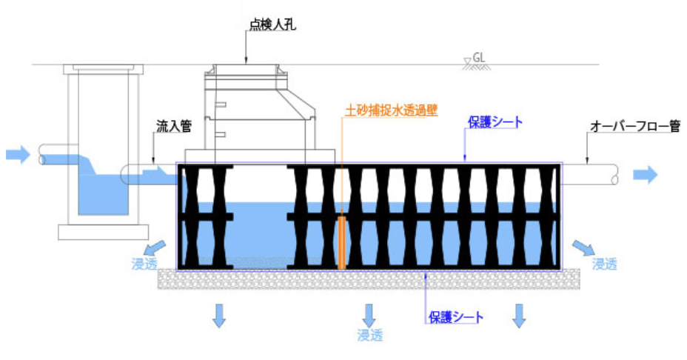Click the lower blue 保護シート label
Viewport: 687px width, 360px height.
pyautogui.click(x=456, y=317)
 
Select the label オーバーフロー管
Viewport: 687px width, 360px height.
pyautogui.click(x=634, y=127)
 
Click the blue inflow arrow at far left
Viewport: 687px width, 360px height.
pyautogui.click(x=17, y=155)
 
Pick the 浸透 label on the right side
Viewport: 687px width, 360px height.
pyautogui.click(x=604, y=264)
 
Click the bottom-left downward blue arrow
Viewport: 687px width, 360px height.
pyautogui.click(x=219, y=315)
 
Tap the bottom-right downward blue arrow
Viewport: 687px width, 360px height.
pyautogui.click(x=520, y=315)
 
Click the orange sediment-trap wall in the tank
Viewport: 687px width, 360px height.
pyautogui.click(x=341, y=242)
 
